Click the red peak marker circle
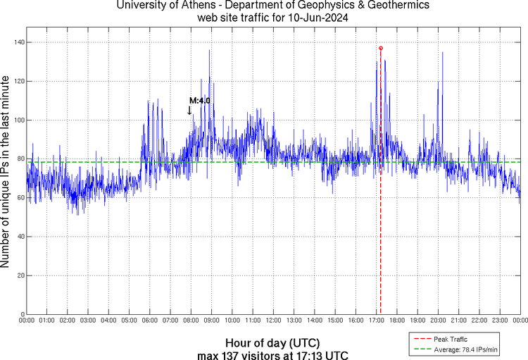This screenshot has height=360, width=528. pos(381,48)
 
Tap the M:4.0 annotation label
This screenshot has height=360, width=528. pos(199,101)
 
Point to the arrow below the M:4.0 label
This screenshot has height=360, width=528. pos(189,110)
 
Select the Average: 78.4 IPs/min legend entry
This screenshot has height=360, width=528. pos(464,349)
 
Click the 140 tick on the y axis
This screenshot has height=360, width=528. pos(18,43)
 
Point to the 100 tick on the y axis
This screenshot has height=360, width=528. pos(18,120)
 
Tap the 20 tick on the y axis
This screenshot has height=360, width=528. pos(20,275)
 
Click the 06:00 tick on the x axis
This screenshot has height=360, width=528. pos(149,321)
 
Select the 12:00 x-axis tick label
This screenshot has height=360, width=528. pos(273,321)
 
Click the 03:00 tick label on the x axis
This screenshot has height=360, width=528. pos(88,321)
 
